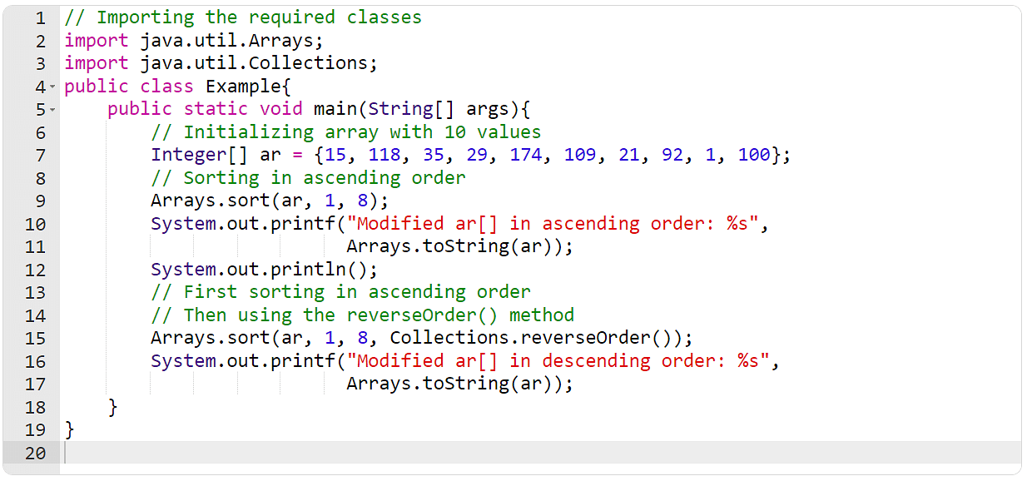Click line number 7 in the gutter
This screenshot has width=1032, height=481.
click(x=41, y=156)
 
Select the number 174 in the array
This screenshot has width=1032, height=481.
click(x=526, y=155)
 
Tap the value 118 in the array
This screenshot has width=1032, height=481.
click(x=385, y=155)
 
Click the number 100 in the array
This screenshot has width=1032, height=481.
click(x=754, y=155)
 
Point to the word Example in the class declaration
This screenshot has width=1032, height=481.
click(x=243, y=87)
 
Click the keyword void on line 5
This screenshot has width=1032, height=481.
click(x=281, y=109)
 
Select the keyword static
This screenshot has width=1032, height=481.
click(x=216, y=109)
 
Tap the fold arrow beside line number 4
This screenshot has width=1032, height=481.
click(x=52, y=87)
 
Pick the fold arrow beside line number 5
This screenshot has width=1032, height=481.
click(x=52, y=110)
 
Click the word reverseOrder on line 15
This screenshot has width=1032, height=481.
click(x=585, y=338)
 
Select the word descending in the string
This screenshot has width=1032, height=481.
click(x=596, y=361)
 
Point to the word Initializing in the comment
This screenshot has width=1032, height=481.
click(x=249, y=132)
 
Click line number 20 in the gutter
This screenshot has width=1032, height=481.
click(x=36, y=454)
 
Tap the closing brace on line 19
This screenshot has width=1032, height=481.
click(x=70, y=430)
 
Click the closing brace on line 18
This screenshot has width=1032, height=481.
click(x=113, y=408)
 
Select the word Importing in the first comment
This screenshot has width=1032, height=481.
click(x=146, y=18)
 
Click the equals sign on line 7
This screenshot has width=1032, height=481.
click(x=298, y=156)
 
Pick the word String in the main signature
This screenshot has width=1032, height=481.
click(x=400, y=109)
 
